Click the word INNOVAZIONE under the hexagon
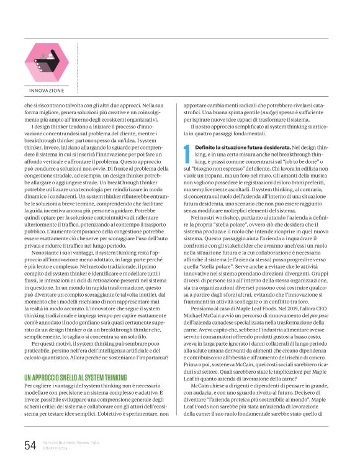(x=47, y=91)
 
